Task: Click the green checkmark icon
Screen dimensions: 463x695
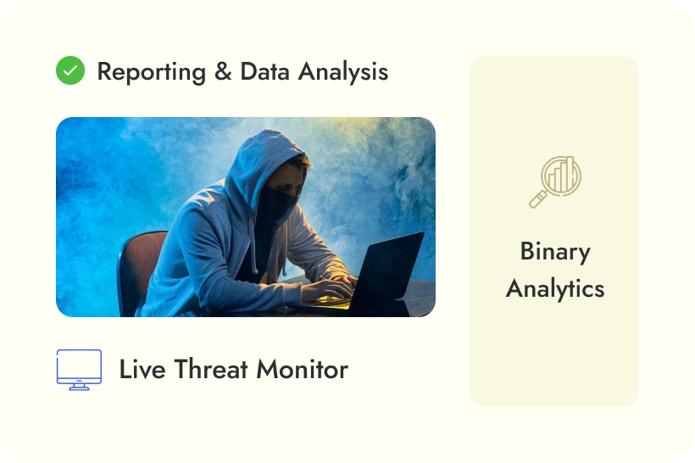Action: (70, 70)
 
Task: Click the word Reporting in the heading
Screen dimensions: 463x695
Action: (151, 72)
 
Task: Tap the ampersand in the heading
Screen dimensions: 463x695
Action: (223, 72)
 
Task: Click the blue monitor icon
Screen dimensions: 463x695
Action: (79, 369)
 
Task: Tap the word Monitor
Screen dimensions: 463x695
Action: (302, 370)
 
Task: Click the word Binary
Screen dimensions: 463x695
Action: (555, 252)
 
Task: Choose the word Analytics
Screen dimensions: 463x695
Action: (555, 288)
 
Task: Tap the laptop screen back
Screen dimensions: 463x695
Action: (390, 271)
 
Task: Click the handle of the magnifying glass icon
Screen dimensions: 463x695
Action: (537, 200)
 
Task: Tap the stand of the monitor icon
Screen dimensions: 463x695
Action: (79, 385)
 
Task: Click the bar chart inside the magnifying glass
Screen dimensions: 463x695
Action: (560, 175)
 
